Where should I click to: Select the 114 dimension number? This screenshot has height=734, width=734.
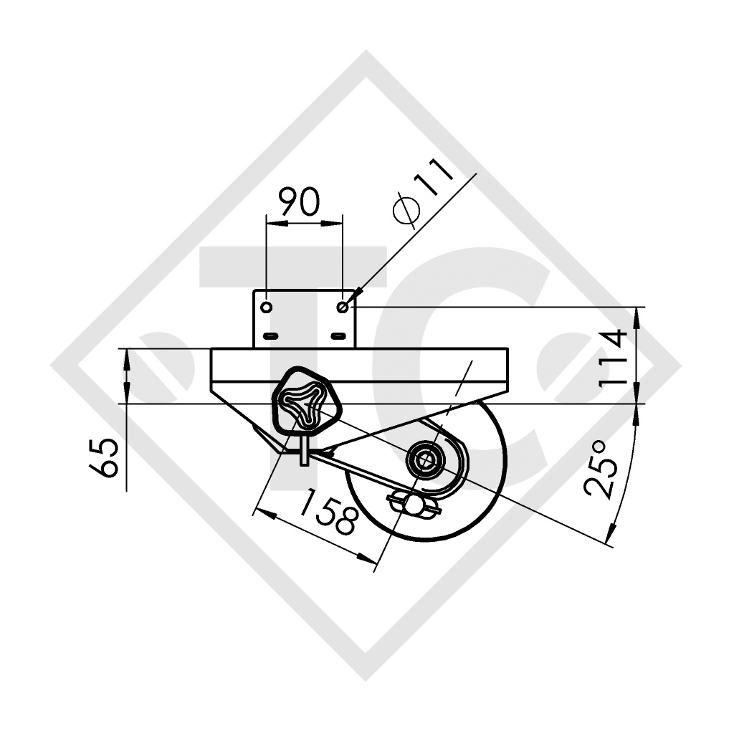[615, 358]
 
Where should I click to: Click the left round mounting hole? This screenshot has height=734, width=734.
[267, 308]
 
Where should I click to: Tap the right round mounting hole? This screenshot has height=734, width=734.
[343, 308]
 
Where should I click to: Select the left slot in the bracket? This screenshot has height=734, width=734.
[270, 335]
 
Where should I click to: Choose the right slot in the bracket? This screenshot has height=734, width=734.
[338, 335]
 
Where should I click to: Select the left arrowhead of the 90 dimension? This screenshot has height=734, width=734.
[272, 223]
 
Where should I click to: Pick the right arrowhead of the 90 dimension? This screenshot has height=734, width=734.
[336, 223]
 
